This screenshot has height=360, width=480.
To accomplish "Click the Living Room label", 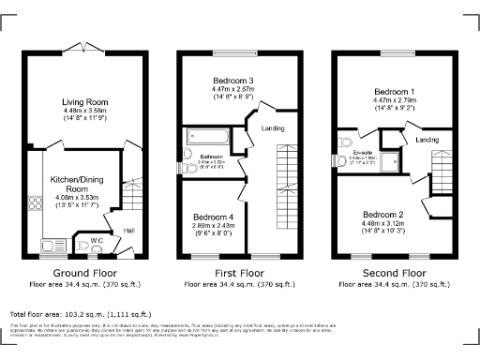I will (x=86, y=101).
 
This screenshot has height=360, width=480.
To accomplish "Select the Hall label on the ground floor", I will (x=127, y=230).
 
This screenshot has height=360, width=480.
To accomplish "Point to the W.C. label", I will (x=97, y=240).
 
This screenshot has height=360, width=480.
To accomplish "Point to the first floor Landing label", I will (x=274, y=128).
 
